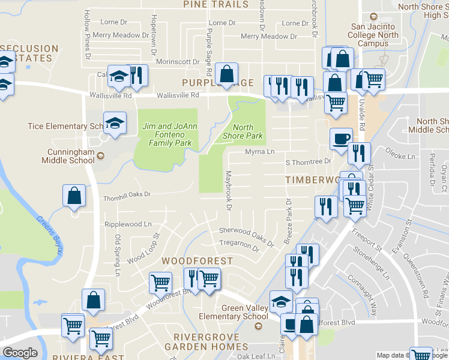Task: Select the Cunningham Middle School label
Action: (68, 156)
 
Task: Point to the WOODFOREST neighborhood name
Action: (197, 261)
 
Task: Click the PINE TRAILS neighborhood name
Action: (215, 5)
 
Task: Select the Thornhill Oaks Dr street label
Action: (119, 194)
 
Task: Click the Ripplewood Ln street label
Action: (128, 224)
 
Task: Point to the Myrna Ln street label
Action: (259, 152)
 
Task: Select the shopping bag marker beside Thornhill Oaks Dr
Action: (74, 196)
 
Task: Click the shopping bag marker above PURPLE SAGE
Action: (227, 74)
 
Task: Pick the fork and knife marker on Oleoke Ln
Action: (359, 154)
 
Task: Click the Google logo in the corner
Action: (20, 353)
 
